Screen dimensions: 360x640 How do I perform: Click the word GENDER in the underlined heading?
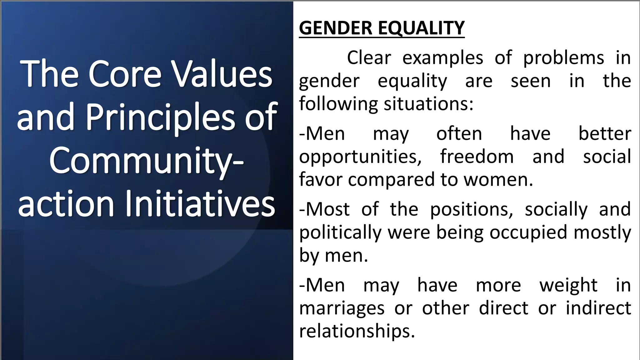tap(336, 28)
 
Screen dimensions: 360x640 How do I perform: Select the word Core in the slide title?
tap(125, 74)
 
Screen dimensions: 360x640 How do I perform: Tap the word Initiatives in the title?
tap(200, 204)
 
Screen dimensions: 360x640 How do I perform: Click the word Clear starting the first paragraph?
tap(369, 58)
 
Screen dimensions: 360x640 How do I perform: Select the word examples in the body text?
tap(442, 58)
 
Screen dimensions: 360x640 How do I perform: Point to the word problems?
tap(563, 58)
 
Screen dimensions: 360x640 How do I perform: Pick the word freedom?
tap(477, 156)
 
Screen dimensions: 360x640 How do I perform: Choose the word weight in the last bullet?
tap(568, 285)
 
